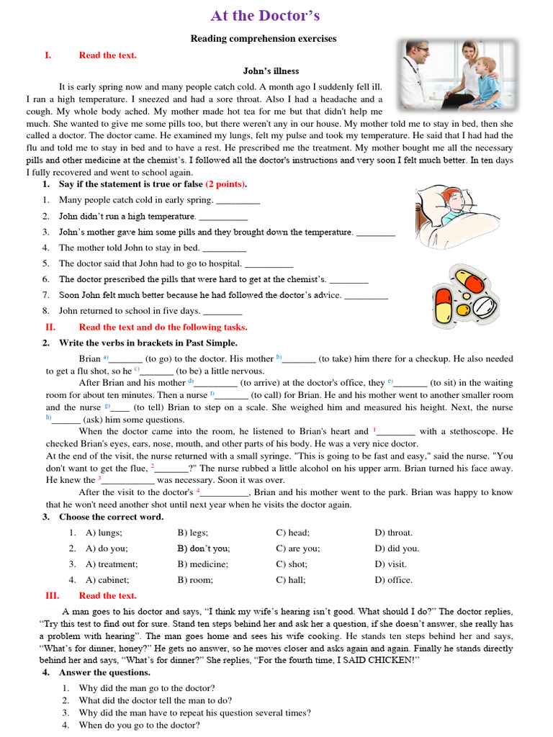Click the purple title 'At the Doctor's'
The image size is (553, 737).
[265, 16]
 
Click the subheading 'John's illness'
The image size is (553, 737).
[271, 71]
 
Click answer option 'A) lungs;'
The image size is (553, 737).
[104, 533]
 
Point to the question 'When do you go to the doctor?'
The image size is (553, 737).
[139, 725]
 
